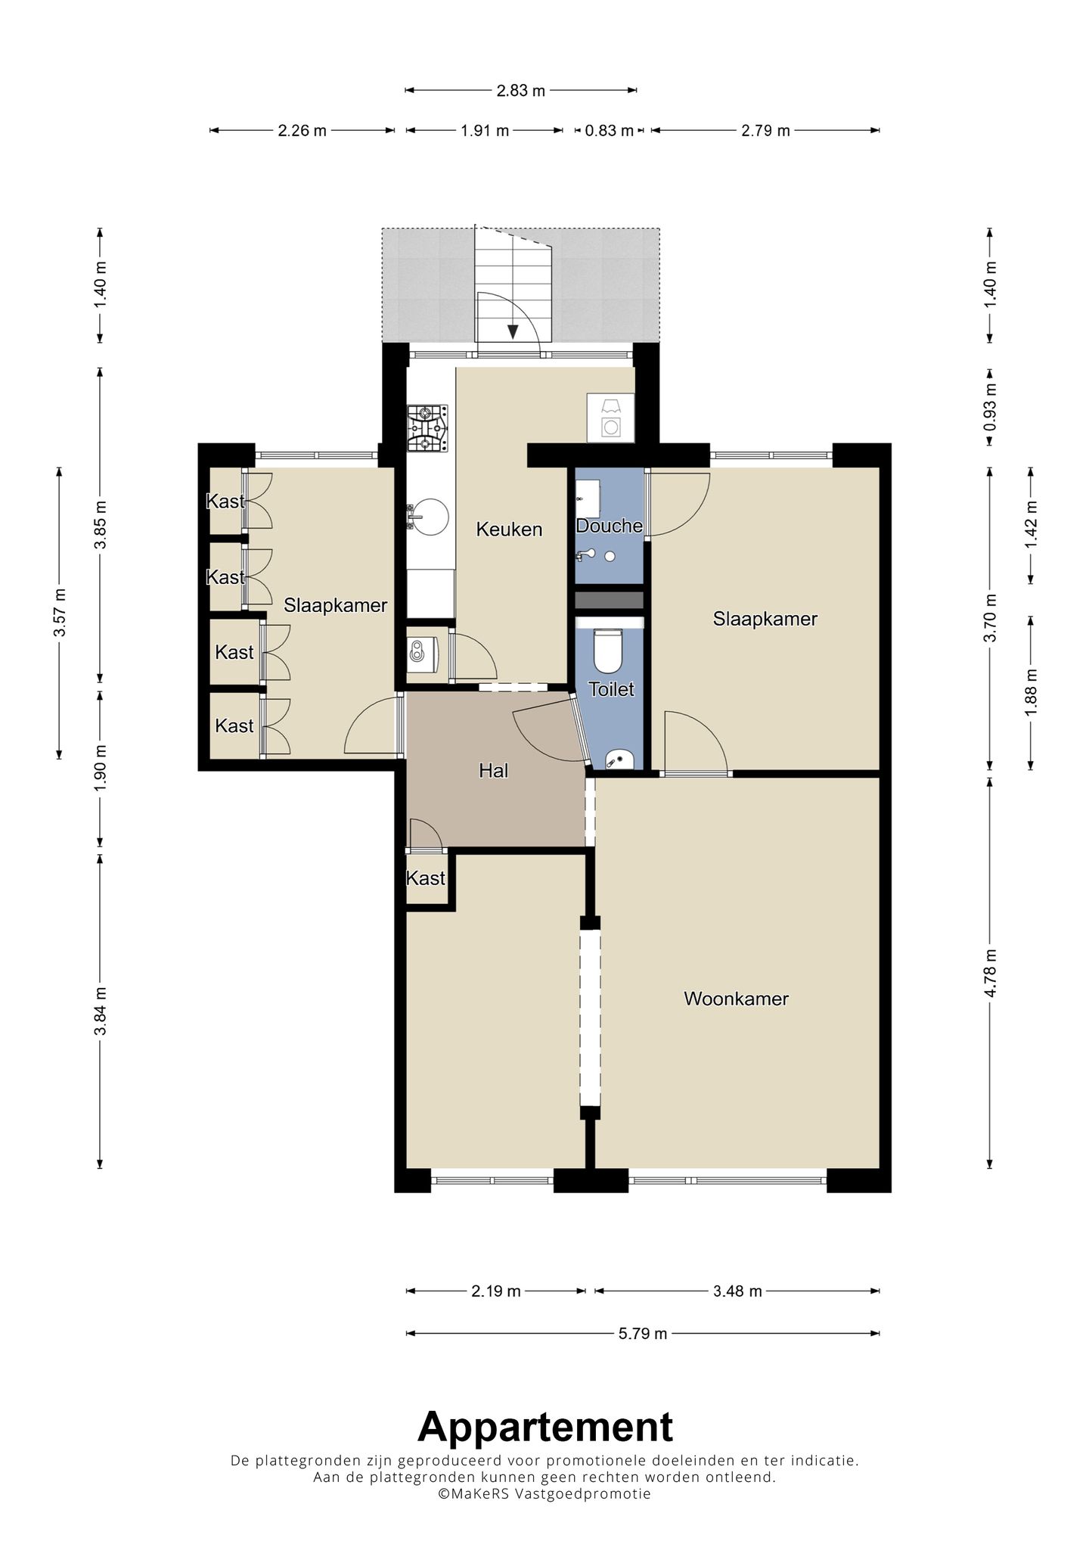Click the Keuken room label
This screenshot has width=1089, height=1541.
coord(509,530)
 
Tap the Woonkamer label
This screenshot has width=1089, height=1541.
coord(736,999)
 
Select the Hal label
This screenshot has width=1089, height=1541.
coord(493,771)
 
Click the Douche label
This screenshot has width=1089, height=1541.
coord(610,526)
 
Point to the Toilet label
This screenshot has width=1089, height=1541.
coord(611,689)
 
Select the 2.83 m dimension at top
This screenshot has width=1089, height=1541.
coord(521,91)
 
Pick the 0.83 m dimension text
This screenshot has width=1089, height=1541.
coord(610,131)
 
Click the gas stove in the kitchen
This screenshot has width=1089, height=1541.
coord(427,428)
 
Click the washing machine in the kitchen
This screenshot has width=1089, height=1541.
coord(610,418)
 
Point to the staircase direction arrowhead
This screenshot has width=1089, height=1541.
coord(513,331)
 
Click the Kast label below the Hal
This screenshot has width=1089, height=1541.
coord(426,878)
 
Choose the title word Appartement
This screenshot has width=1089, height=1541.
coord(545,1428)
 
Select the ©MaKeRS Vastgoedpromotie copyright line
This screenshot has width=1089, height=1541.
coord(544,1493)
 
